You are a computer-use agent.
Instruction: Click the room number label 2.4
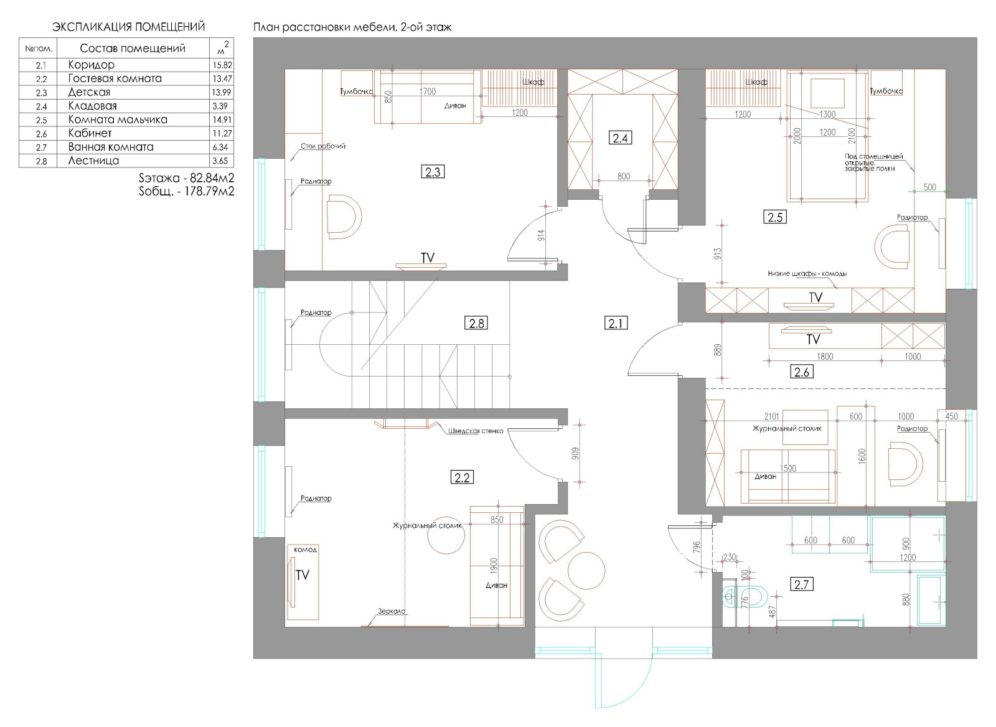pyautogui.click(x=620, y=138)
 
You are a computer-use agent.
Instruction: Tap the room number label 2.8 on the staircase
pyautogui.click(x=476, y=323)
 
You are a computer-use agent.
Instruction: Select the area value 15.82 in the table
pyautogui.click(x=222, y=65)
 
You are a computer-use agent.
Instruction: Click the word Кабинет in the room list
pyautogui.click(x=90, y=133)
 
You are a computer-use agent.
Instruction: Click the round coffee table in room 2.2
pyautogui.click(x=446, y=535)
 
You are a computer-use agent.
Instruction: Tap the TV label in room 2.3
pyautogui.click(x=427, y=258)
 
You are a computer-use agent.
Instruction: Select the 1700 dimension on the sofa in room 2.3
pyautogui.click(x=427, y=91)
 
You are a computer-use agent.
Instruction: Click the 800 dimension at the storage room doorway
pyautogui.click(x=623, y=177)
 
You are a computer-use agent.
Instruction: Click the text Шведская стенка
pyautogui.click(x=476, y=431)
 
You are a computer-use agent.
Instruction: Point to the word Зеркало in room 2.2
pyautogui.click(x=392, y=611)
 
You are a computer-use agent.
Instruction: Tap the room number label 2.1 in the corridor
pyautogui.click(x=616, y=323)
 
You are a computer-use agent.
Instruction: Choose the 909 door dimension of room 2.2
pyautogui.click(x=575, y=454)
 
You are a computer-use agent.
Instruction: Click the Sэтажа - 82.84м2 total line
pyautogui.click(x=186, y=178)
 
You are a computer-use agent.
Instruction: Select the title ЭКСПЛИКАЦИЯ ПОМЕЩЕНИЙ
pyautogui.click(x=128, y=27)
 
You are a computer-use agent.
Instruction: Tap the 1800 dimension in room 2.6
pyautogui.click(x=825, y=356)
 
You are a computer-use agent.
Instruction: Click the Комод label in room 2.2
pyautogui.click(x=306, y=550)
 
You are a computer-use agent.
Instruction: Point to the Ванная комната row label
pyautogui.click(x=111, y=147)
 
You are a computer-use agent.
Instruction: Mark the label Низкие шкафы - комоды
pyautogui.click(x=807, y=274)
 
